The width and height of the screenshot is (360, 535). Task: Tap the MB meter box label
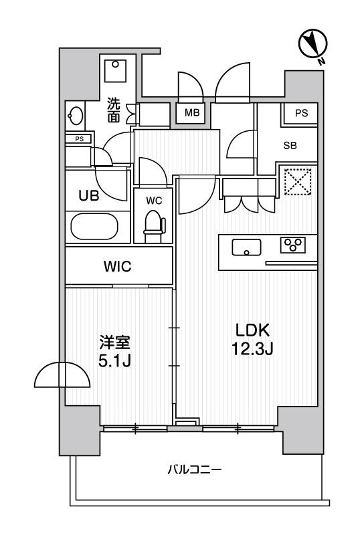[192, 112]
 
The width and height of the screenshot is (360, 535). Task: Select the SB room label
[290, 146]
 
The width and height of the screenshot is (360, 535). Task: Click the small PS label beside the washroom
[79, 139]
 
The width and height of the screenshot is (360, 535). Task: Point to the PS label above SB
[301, 113]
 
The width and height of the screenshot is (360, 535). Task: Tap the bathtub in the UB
[94, 226]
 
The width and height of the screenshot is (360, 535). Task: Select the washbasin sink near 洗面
[76, 116]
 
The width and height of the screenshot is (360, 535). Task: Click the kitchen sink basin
[246, 247]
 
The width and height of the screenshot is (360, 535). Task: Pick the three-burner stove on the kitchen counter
[293, 245]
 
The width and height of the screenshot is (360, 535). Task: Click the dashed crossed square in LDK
[298, 181]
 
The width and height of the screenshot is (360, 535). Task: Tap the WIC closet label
[118, 266]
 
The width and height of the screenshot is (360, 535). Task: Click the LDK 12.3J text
[252, 340]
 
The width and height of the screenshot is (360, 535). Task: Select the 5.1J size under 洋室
[114, 361]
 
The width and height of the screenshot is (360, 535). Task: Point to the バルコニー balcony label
[195, 470]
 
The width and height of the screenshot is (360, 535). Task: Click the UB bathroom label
[89, 196]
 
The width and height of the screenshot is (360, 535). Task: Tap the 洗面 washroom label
[114, 110]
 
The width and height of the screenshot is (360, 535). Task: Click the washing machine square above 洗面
[115, 71]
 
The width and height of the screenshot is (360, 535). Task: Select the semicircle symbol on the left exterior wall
[62, 374]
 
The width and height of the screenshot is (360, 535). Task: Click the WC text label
[154, 201]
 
